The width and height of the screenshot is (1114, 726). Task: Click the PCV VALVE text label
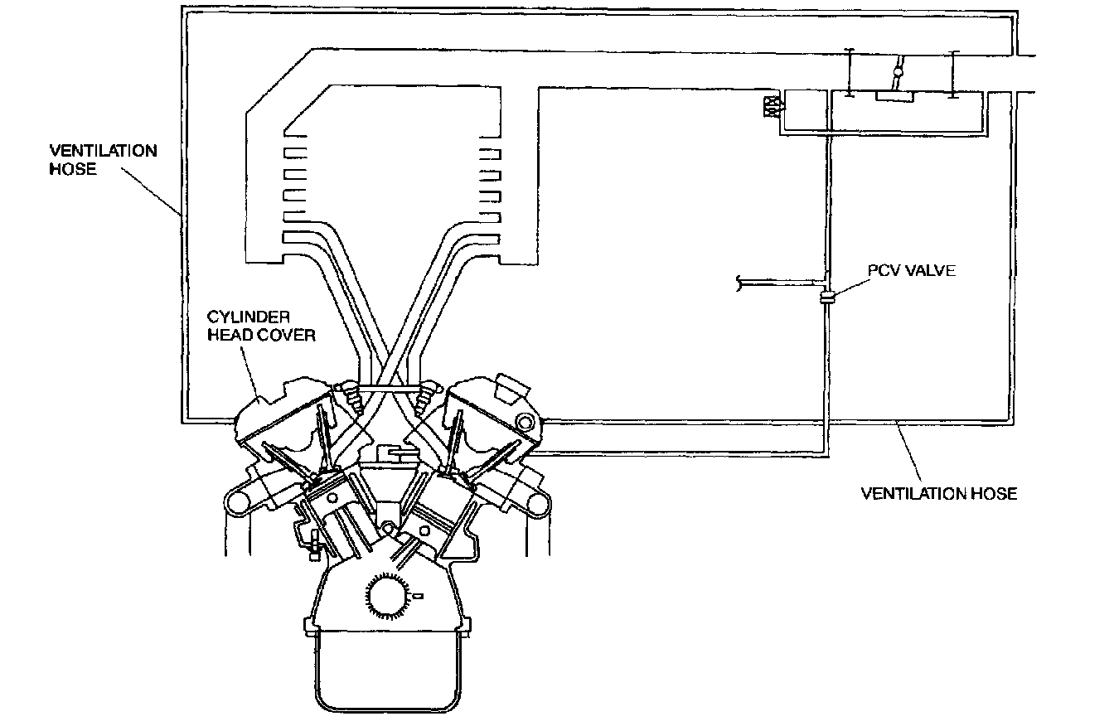(912, 271)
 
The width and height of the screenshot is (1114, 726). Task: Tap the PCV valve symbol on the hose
(826, 298)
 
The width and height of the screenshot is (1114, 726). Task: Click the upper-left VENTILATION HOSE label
(103, 160)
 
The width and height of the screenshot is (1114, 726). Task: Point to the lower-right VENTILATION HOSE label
(939, 494)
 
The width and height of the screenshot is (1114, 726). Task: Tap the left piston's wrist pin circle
(332, 499)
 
